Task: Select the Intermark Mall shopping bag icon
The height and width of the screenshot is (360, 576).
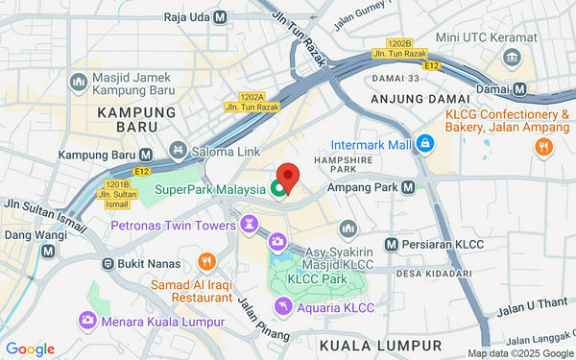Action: coord(423,144)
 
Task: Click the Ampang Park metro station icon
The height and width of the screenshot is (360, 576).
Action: coord(409,187)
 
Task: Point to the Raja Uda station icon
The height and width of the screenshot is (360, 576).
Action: coord(221,16)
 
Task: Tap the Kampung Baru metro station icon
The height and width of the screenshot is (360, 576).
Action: coord(146,155)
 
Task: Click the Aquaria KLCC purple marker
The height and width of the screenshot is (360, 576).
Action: coord(282,306)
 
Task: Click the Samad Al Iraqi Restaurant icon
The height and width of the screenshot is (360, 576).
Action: coord(205,261)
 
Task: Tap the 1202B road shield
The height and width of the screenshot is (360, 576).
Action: coord(399,44)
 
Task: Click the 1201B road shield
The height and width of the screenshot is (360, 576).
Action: coord(116,184)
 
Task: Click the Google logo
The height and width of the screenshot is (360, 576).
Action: coord(29,348)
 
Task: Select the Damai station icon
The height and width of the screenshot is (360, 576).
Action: coord(519,88)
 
